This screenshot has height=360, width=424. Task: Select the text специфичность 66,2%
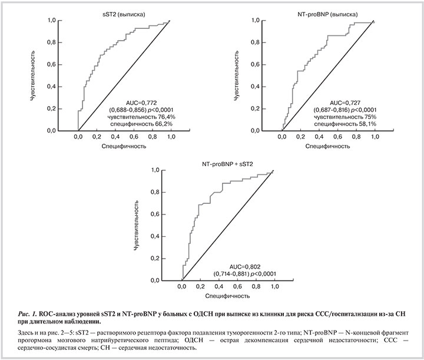(143, 124)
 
